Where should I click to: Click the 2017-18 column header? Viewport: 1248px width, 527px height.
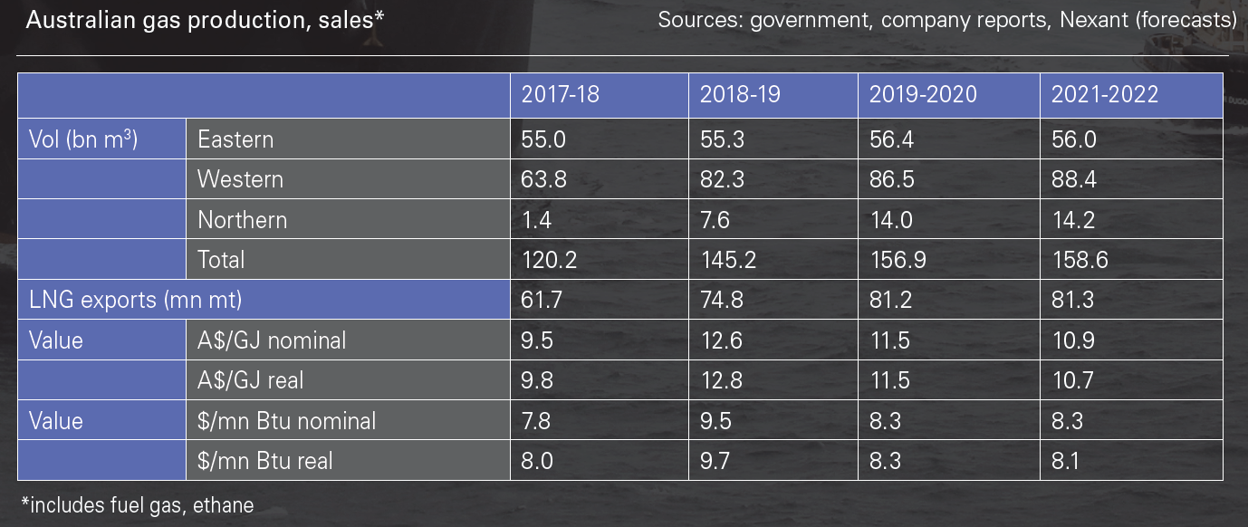560,94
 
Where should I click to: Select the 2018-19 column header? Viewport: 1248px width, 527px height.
739,94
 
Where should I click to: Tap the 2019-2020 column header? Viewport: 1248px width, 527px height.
923,94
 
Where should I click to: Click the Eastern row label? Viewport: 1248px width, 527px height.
235,139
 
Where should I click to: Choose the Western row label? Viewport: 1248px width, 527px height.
240,179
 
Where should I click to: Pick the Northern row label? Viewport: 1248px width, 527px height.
242,220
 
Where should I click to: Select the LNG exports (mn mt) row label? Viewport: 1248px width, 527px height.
136,300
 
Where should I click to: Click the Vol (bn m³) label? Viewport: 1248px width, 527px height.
83,139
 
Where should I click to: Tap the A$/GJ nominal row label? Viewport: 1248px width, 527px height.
272,340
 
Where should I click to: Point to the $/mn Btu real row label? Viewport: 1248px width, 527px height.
264,461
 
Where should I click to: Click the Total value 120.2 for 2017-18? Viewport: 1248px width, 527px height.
550,260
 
